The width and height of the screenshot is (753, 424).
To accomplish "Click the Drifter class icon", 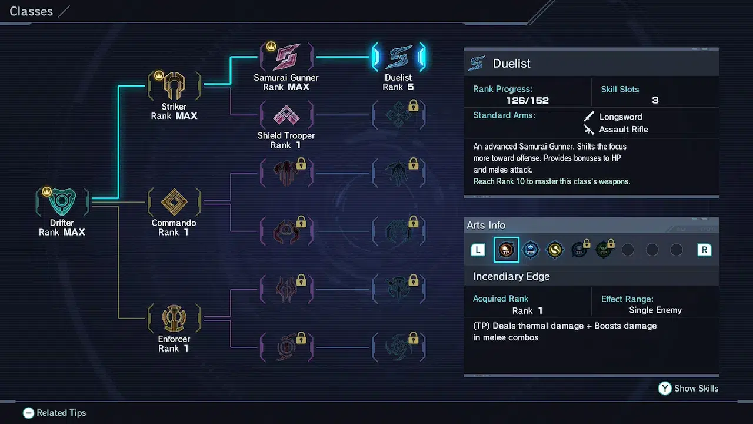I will pyautogui.click(x=62, y=203).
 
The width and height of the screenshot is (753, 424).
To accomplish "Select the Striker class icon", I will pyautogui.click(x=174, y=87).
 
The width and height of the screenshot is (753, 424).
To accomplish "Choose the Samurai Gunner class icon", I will pyautogui.click(x=286, y=57).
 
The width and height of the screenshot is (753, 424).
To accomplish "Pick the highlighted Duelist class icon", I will pyautogui.click(x=398, y=57).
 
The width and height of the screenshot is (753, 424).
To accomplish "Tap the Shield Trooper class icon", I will pyautogui.click(x=286, y=115).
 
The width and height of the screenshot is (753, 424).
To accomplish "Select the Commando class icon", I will pyautogui.click(x=174, y=203).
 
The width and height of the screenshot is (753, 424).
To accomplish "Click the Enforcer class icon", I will pyautogui.click(x=174, y=319).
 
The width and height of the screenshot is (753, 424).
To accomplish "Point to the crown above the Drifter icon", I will pyautogui.click(x=47, y=191).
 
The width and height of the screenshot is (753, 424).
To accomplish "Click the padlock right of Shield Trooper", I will pyautogui.click(x=413, y=105).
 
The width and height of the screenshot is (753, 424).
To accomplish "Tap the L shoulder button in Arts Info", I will pyautogui.click(x=478, y=250).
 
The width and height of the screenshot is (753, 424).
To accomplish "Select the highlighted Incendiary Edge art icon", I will pyautogui.click(x=506, y=250).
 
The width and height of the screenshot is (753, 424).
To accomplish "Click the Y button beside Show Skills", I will pyautogui.click(x=665, y=388).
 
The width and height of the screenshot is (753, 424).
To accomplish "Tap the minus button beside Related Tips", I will pyautogui.click(x=28, y=413).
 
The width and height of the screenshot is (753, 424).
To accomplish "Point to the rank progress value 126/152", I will pyautogui.click(x=527, y=100).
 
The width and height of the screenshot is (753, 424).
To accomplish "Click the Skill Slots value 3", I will pyautogui.click(x=655, y=100).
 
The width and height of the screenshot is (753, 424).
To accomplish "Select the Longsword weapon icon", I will pyautogui.click(x=588, y=117).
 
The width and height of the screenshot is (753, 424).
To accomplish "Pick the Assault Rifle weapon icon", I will pyautogui.click(x=588, y=130).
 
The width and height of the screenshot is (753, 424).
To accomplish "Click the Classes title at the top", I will pyautogui.click(x=31, y=11).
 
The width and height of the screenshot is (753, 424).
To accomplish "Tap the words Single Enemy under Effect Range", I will pyautogui.click(x=655, y=310).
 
